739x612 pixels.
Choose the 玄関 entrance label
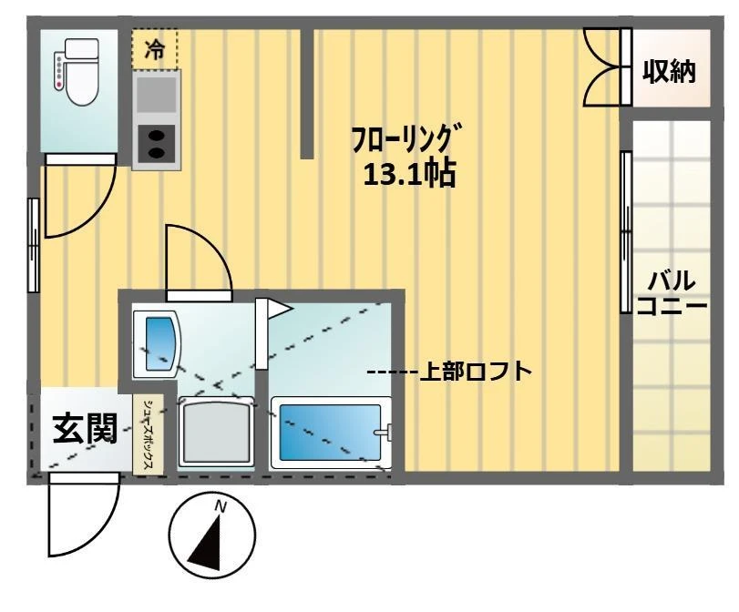tap(83, 429)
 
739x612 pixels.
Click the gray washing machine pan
tap(214, 433)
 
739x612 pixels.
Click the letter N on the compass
tap(220, 506)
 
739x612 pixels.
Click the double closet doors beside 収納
tap(604, 67)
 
